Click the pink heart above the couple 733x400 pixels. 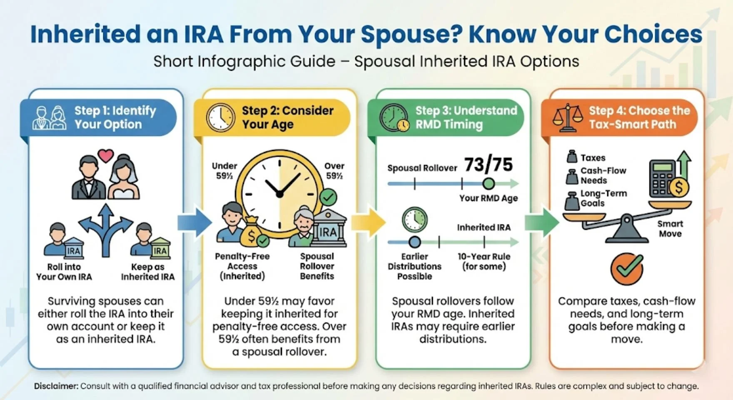pyautogui.click(x=106, y=156)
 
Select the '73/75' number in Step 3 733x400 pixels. pyautogui.click(x=488, y=165)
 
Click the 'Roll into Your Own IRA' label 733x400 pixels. pyautogui.click(x=64, y=272)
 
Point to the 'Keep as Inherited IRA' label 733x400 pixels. pyautogui.click(x=148, y=272)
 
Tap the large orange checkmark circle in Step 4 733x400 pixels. pyautogui.click(x=627, y=269)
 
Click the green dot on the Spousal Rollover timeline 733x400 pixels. pyautogui.click(x=489, y=183)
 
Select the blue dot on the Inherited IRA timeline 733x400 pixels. pyautogui.click(x=414, y=242)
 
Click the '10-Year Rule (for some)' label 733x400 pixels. pyautogui.click(x=484, y=262)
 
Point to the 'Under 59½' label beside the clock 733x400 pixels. pyautogui.click(x=224, y=171)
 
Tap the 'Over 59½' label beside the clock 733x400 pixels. pyautogui.click(x=334, y=171)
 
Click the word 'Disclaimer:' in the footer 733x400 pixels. pyautogui.click(x=56, y=386)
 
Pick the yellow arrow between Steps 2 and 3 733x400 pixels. pyautogui.click(x=368, y=222)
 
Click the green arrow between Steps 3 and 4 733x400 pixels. pyautogui.click(x=541, y=222)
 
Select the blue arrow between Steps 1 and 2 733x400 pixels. pyautogui.click(x=194, y=222)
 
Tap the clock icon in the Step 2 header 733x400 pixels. pyautogui.click(x=220, y=118)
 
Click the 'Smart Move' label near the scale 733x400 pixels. pyautogui.click(x=670, y=229)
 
